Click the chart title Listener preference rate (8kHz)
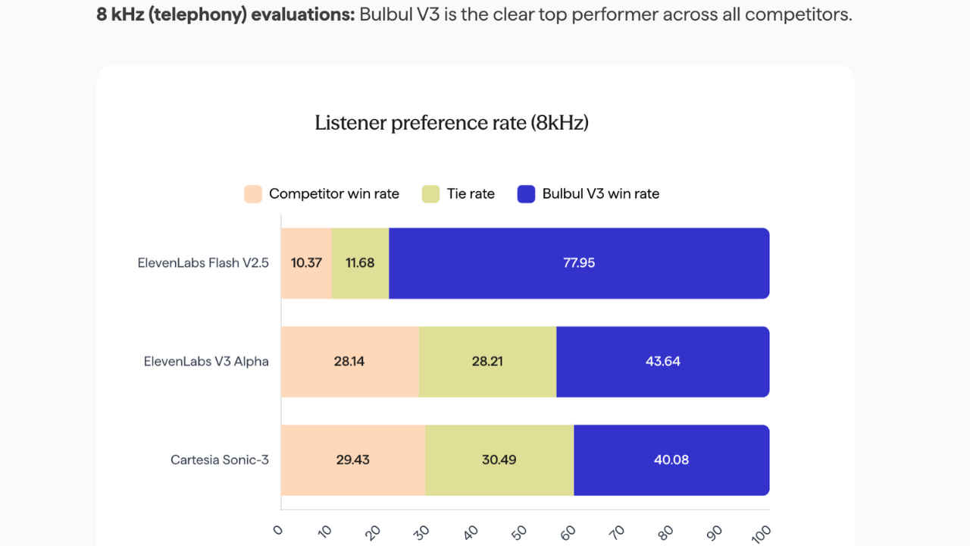(x=452, y=123)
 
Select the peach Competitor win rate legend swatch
(x=253, y=193)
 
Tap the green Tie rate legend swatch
(x=430, y=193)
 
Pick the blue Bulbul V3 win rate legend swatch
(x=527, y=193)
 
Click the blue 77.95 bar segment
(x=579, y=263)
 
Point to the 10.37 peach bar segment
(x=306, y=263)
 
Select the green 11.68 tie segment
(x=360, y=263)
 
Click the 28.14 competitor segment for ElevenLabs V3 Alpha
(x=349, y=362)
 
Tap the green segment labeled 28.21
(x=487, y=362)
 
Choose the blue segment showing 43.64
(x=662, y=362)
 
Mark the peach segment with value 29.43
(x=352, y=460)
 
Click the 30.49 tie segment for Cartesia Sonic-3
(x=499, y=460)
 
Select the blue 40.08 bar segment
(x=671, y=460)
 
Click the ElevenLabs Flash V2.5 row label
(x=203, y=264)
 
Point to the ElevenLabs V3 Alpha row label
(x=206, y=362)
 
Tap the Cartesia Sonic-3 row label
(x=220, y=460)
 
